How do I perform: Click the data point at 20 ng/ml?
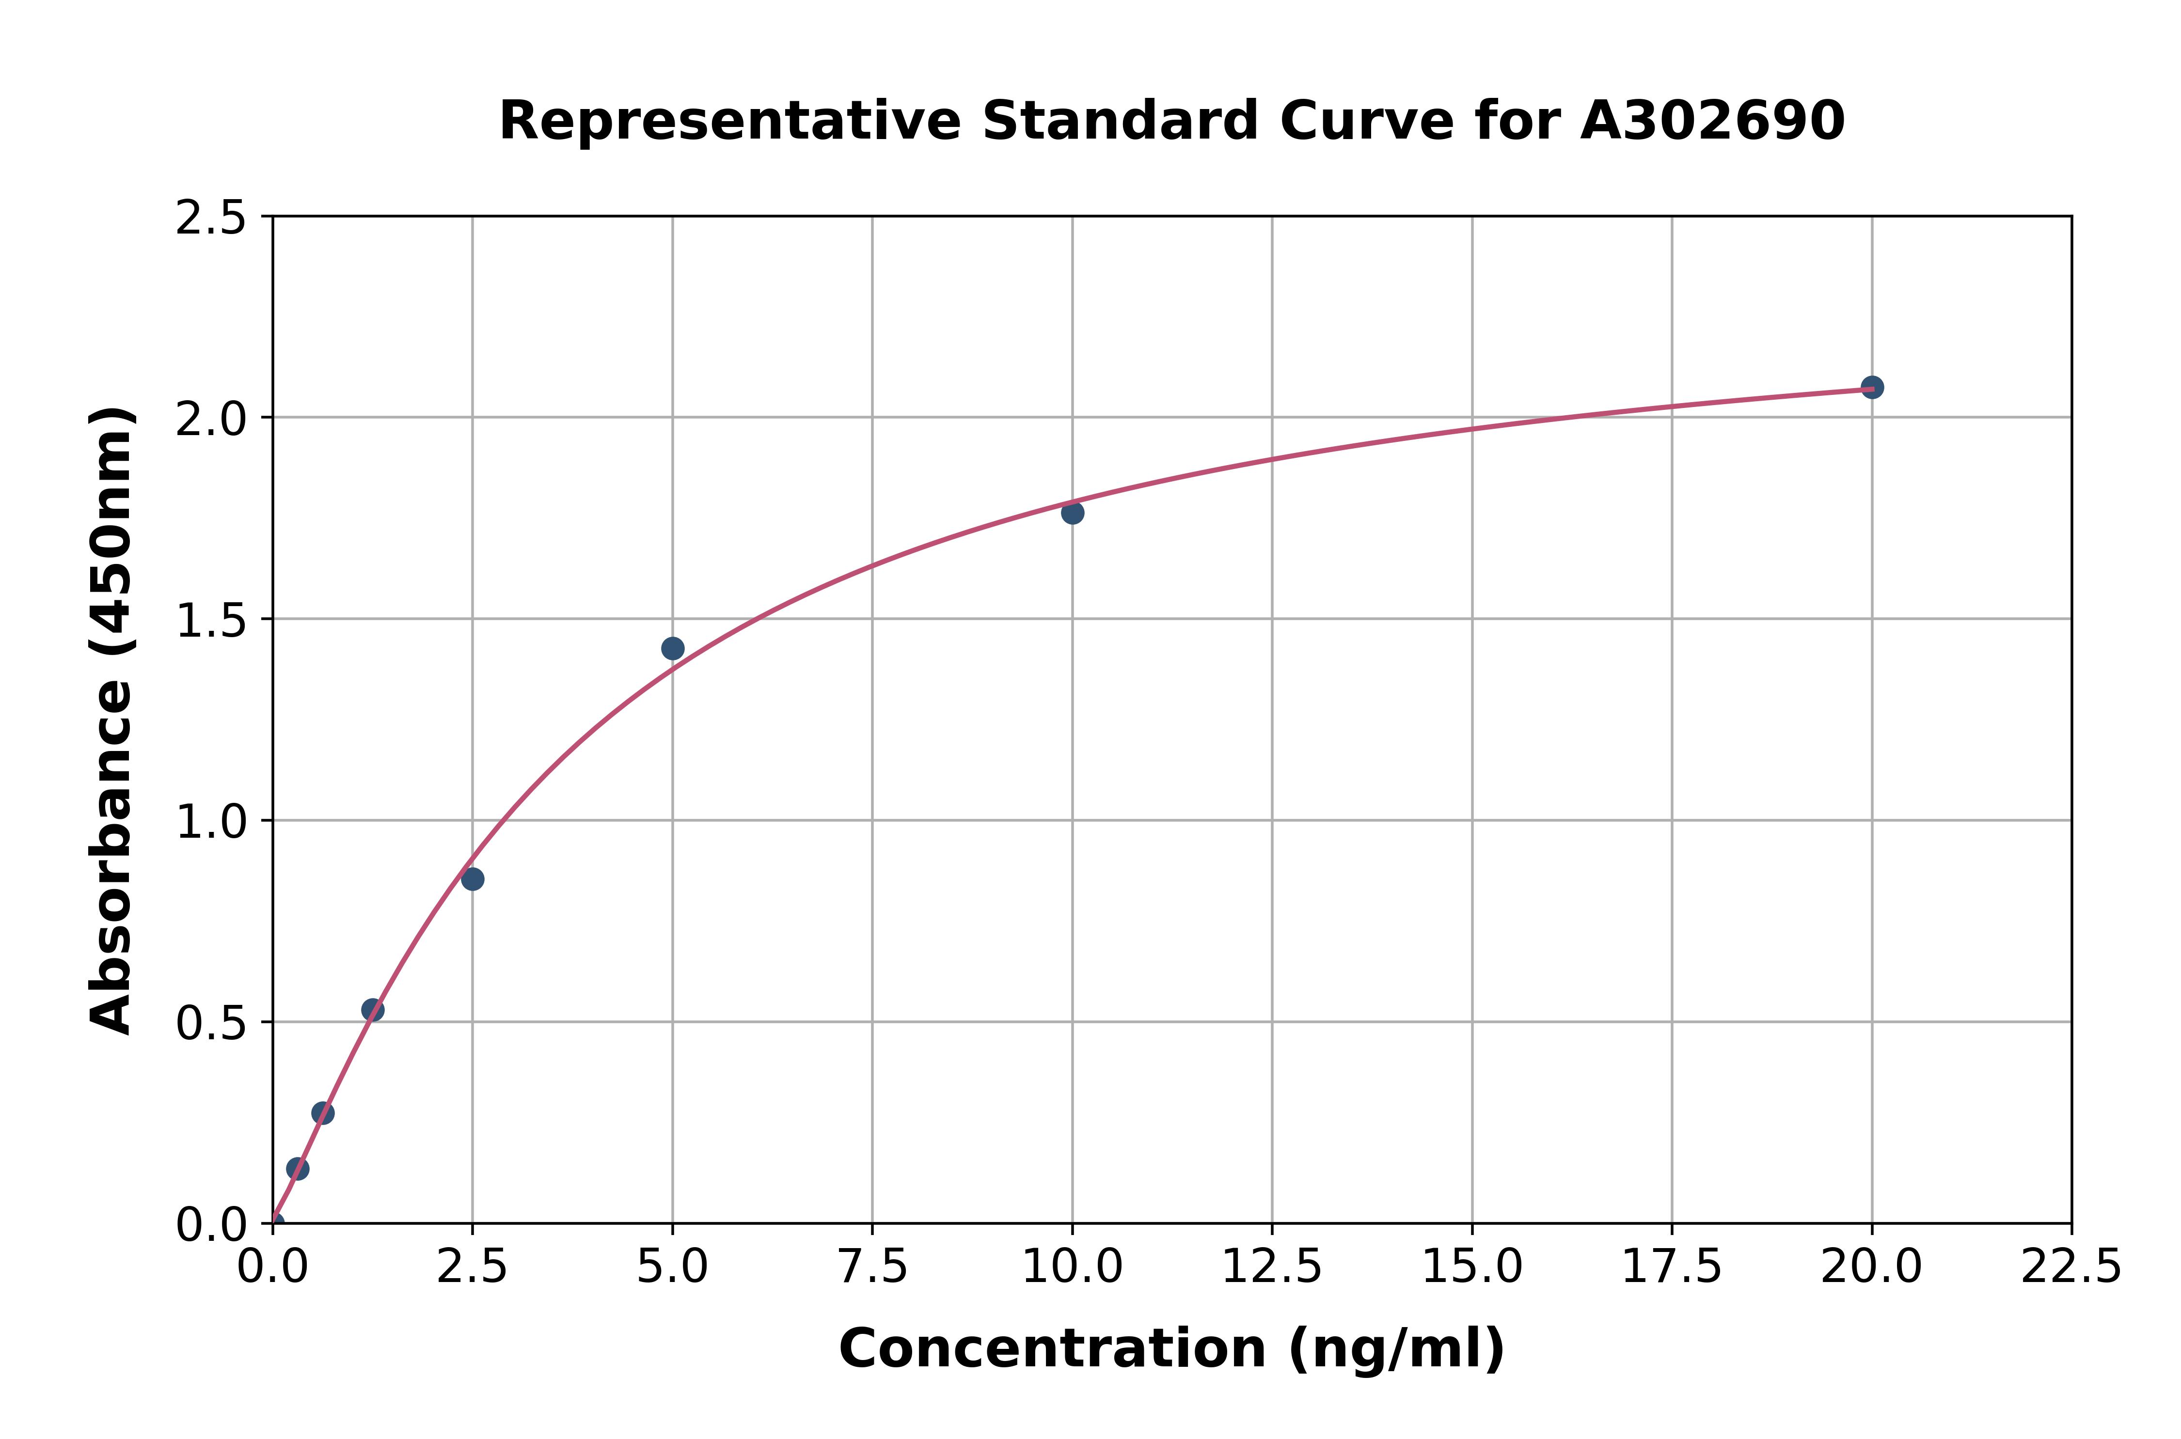(x=1872, y=387)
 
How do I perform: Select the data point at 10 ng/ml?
(x=1072, y=513)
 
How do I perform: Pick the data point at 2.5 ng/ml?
(x=473, y=879)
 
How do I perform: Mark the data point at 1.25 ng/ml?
(x=373, y=1010)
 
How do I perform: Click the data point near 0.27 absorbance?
(x=323, y=1113)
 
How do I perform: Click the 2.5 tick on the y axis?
(x=211, y=219)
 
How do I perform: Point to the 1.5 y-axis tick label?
(x=211, y=620)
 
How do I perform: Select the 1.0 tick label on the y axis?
(x=211, y=821)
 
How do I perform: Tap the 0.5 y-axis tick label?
(x=211, y=1022)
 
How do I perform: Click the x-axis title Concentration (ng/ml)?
(x=1171, y=1349)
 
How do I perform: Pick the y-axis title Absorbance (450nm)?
(x=112, y=720)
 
